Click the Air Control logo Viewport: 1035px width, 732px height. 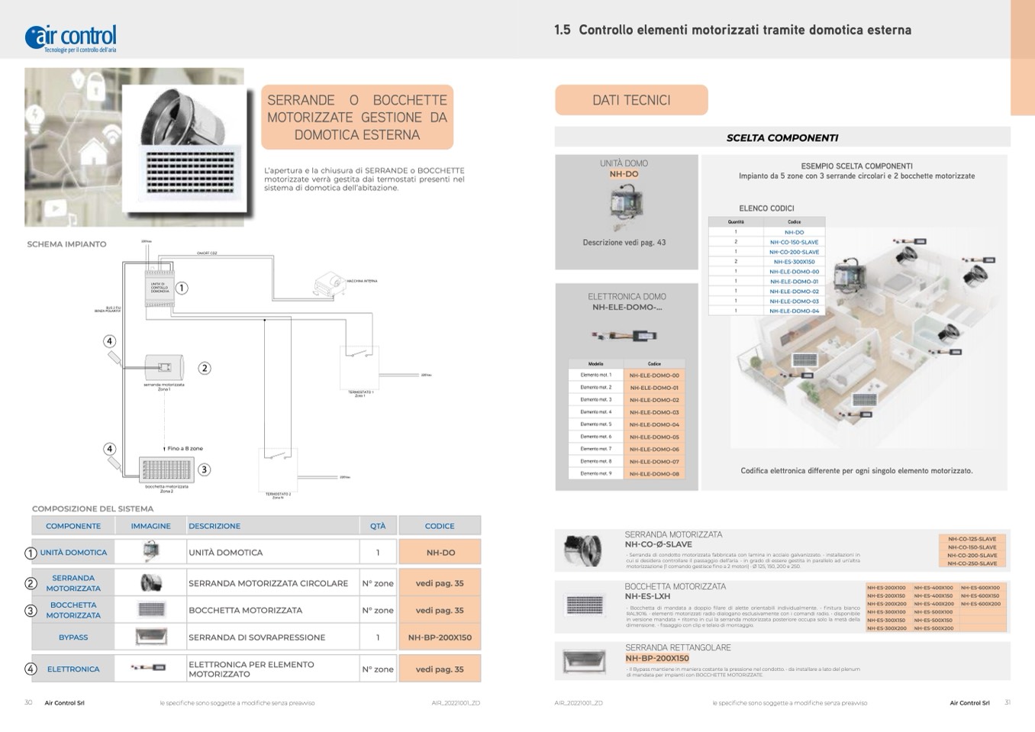[71, 37]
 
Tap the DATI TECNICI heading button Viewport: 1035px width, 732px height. [631, 100]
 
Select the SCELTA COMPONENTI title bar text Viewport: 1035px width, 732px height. [782, 138]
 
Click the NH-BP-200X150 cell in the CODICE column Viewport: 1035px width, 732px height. [440, 637]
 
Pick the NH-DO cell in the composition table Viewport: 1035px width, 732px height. [440, 553]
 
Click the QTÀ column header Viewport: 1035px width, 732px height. [378, 526]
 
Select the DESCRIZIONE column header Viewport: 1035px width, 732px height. [214, 526]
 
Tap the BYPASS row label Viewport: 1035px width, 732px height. [73, 637]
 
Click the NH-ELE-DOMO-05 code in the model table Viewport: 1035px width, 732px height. [654, 437]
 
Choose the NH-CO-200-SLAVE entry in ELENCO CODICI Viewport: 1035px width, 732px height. [794, 252]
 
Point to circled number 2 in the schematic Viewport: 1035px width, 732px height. [204, 368]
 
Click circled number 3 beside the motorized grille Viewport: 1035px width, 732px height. [204, 469]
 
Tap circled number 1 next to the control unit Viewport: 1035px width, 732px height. [182, 289]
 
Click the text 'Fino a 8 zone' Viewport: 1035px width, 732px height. [185, 449]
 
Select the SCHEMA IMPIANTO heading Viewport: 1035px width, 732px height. [66, 244]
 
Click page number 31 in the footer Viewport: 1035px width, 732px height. [1007, 703]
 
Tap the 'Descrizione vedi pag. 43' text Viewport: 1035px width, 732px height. [624, 243]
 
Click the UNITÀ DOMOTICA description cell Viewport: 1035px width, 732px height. [226, 553]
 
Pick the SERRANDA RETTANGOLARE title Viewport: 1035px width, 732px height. [678, 647]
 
